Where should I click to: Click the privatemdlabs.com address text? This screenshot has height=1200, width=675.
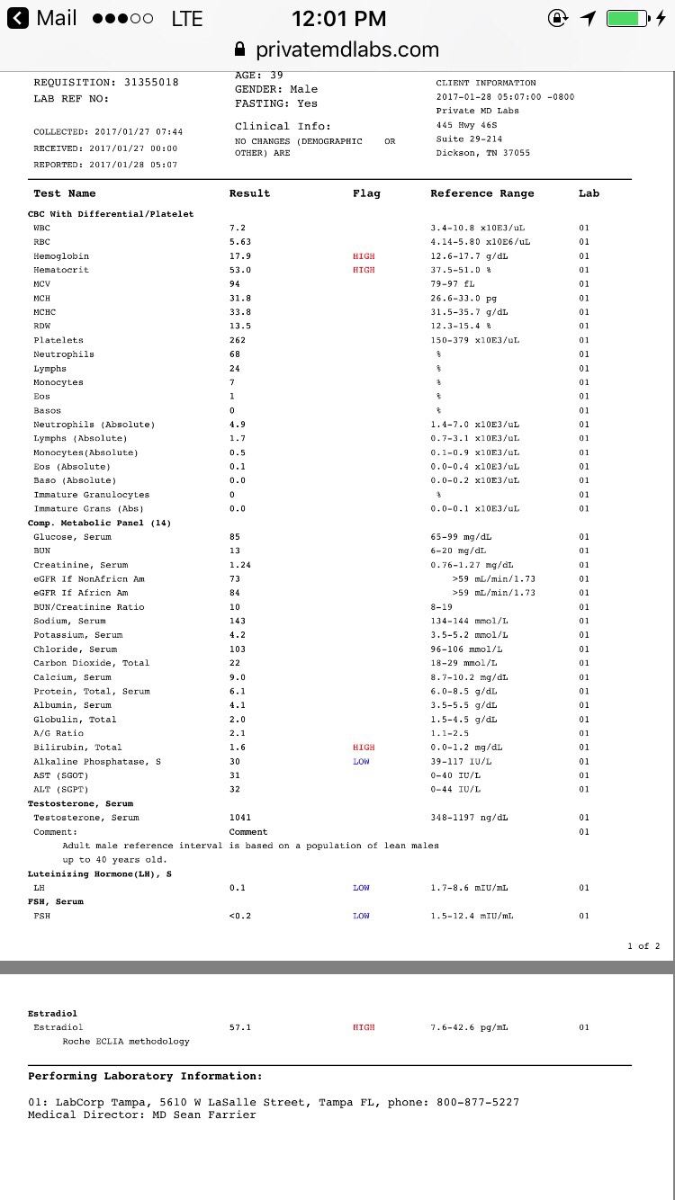tap(347, 49)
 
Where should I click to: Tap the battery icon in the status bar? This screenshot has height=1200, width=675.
tap(627, 18)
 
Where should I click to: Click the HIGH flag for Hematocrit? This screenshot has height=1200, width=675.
tap(364, 270)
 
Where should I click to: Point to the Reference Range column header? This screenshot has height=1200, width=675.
tap(481, 193)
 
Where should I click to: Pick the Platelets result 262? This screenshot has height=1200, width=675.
tap(238, 340)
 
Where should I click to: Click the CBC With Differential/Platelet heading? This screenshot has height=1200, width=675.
tap(111, 214)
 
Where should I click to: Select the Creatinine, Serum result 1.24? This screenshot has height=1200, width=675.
tap(240, 565)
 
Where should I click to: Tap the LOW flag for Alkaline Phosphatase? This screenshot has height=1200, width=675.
tap(361, 762)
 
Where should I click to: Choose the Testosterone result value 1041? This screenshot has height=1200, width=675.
tap(240, 818)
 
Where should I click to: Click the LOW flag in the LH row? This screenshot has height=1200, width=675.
tap(361, 888)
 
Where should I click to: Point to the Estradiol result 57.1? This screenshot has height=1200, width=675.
tap(240, 1027)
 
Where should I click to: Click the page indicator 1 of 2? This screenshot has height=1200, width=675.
tap(643, 945)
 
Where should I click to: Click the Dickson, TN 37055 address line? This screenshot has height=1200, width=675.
tap(482, 153)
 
